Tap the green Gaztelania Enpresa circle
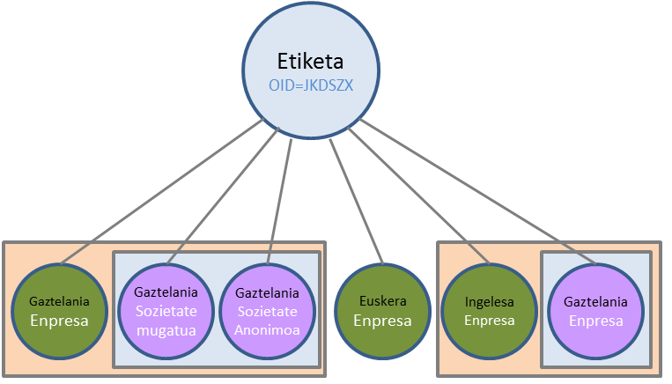[60, 309]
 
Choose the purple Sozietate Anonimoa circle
[268, 309]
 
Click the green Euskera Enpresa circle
[382, 309]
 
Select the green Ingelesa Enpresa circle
[491, 309]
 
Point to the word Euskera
[382, 300]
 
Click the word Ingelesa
[491, 302]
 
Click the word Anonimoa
[268, 330]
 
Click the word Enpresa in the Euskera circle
[382, 321]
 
